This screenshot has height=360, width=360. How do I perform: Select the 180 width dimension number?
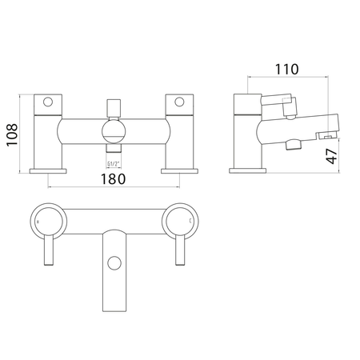(114, 179)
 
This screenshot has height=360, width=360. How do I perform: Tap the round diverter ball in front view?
(114, 133)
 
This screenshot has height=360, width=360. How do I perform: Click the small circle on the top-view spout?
(114, 263)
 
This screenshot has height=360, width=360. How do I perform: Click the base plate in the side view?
(247, 170)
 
